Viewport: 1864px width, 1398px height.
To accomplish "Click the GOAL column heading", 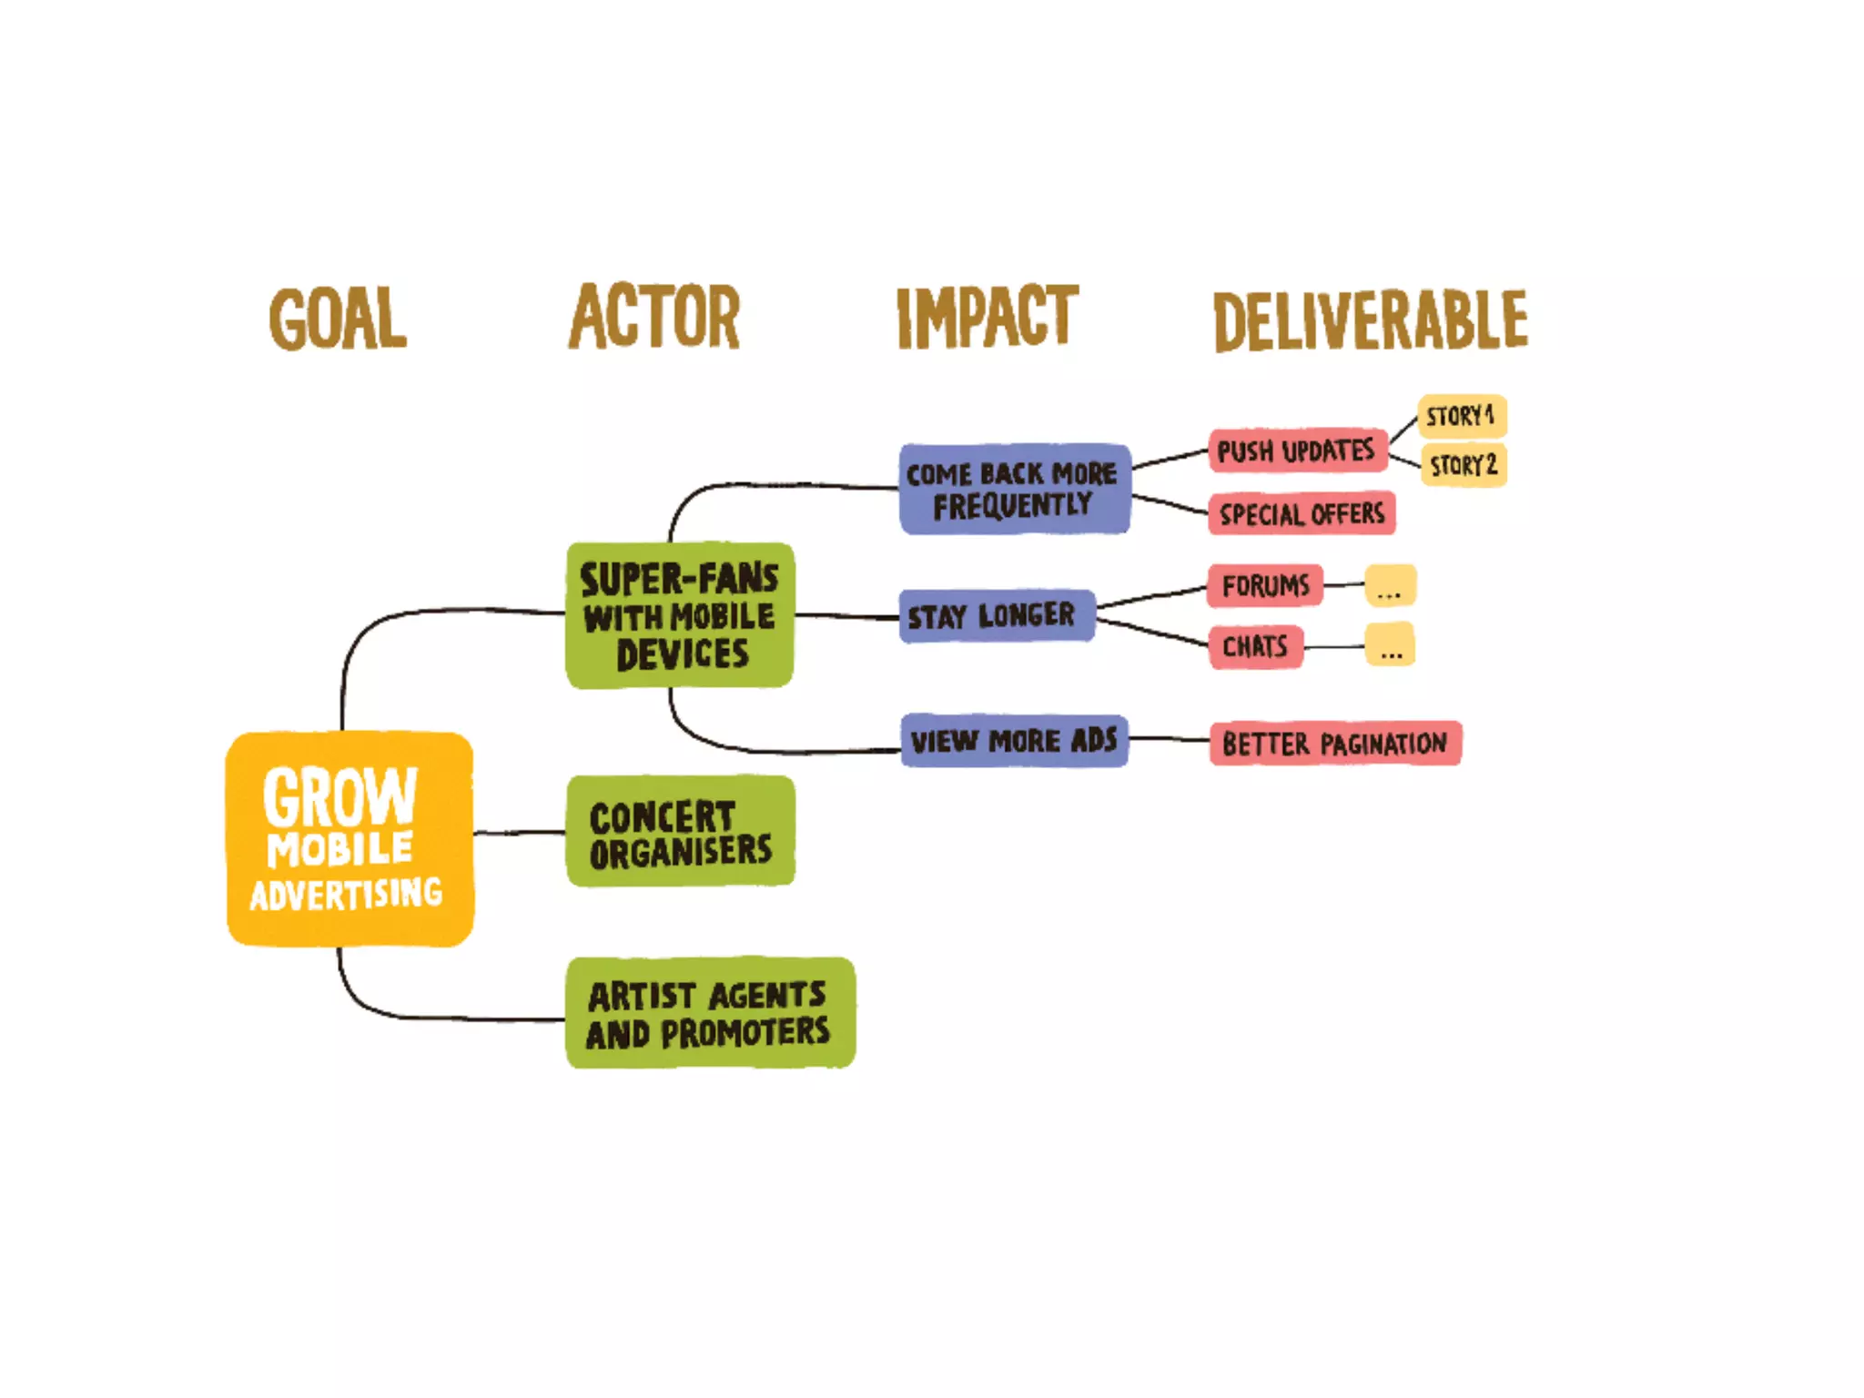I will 338,319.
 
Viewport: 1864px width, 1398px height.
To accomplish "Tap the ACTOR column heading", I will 654,317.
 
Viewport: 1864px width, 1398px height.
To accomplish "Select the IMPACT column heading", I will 988,317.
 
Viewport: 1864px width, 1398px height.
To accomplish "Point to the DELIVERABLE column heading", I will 1371,320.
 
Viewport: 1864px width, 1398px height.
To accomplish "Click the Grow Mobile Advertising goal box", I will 349,838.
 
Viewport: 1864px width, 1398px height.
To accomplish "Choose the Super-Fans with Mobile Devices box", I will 679,615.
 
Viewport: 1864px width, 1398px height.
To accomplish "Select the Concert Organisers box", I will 680,831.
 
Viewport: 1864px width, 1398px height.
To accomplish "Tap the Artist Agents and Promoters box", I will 710,1012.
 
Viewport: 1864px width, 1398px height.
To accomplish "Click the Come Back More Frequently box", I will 1014,489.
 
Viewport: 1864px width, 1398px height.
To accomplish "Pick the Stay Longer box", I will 997,616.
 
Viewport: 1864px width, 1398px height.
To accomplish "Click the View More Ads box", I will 1014,741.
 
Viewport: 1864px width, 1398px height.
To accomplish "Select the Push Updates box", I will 1297,451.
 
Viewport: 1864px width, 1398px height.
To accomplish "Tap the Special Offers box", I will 1302,514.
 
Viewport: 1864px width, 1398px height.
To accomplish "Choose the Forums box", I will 1265,585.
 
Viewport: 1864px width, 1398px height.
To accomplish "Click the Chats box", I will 1255,647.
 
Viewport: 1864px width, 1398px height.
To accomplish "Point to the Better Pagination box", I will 1334,744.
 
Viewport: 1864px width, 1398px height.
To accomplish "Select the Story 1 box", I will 1461,416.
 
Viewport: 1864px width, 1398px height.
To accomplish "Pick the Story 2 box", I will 1463,465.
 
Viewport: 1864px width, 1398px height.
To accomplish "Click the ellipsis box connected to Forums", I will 1390,585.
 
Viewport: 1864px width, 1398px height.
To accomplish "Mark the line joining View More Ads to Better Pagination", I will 1169,739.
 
